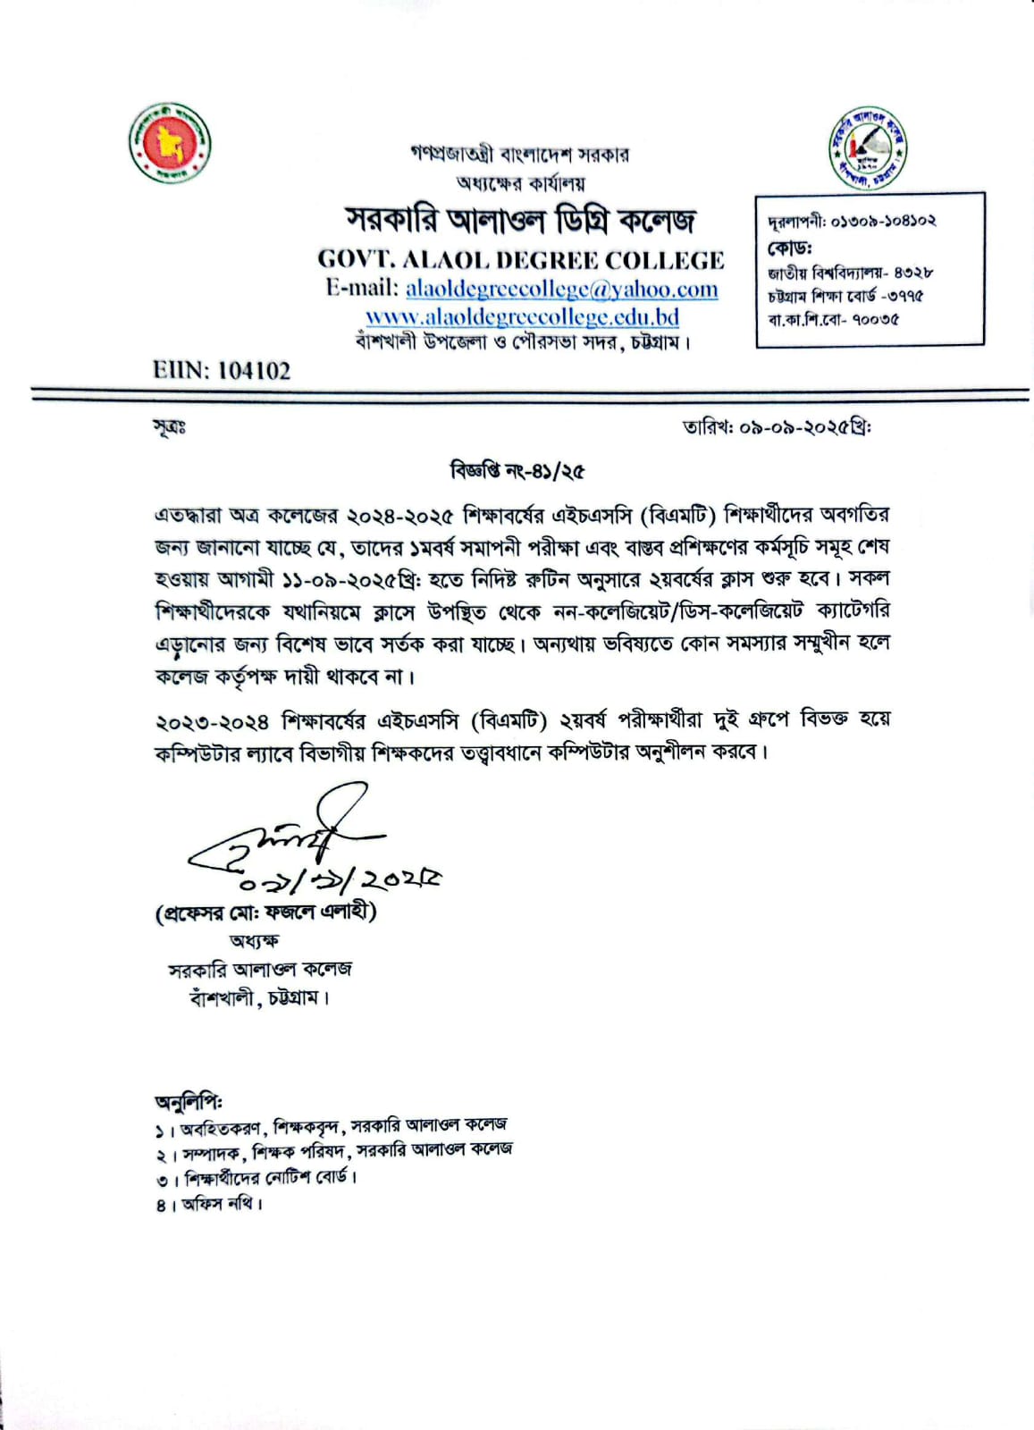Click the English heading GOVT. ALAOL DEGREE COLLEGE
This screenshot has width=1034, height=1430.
pyautogui.click(x=521, y=260)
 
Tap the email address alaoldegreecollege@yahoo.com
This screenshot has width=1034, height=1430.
pyautogui.click(x=561, y=289)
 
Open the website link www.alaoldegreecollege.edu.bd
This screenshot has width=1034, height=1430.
pyautogui.click(x=522, y=316)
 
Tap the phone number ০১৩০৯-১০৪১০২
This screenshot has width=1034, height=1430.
pyautogui.click(x=883, y=221)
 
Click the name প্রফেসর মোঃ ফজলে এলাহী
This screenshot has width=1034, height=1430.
pyautogui.click(x=265, y=913)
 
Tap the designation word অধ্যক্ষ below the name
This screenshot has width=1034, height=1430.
pyautogui.click(x=254, y=940)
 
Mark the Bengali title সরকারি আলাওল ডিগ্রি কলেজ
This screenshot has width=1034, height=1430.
pyautogui.click(x=520, y=220)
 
